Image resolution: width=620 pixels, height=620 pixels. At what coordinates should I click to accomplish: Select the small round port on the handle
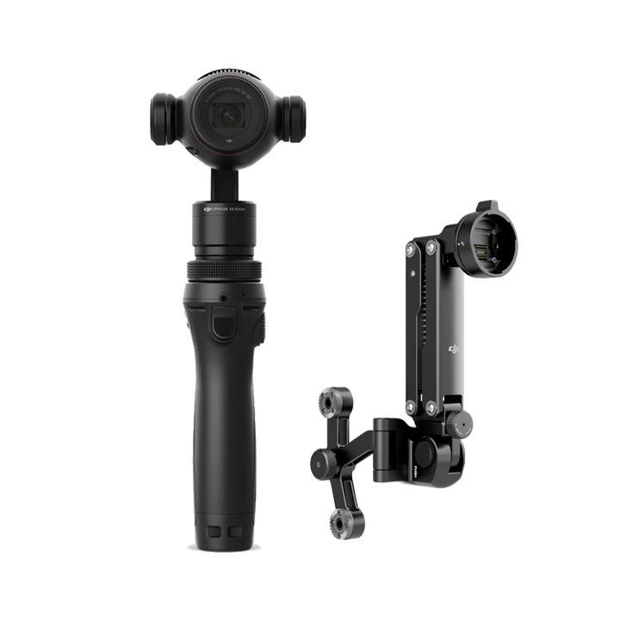pos(224,297)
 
